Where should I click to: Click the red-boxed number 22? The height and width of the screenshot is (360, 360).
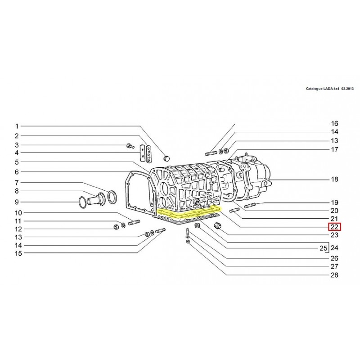pos(334,227)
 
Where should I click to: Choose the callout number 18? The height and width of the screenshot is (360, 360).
pos(334,180)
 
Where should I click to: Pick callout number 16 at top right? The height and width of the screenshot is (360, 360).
pos(334,123)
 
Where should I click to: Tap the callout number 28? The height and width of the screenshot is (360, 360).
pos(334,275)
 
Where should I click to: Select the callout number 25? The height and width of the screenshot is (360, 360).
pos(323,248)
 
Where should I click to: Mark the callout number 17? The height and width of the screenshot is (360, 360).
pos(334,149)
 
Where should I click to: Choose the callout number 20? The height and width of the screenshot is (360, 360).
pos(334,211)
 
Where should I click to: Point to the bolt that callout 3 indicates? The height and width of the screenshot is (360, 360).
pos(130,146)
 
